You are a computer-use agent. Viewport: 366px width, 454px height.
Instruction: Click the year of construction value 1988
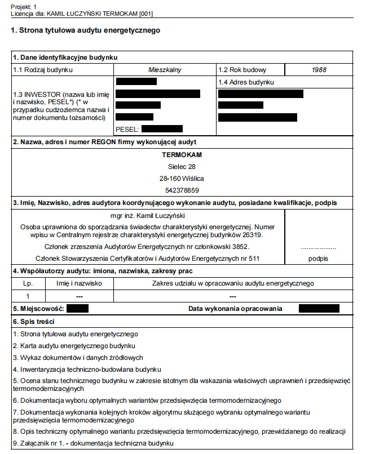(319, 70)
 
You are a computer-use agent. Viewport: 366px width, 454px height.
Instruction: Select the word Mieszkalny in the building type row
(165, 70)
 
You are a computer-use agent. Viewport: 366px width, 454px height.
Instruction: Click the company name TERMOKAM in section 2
(182, 155)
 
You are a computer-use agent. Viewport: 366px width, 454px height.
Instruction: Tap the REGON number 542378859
(182, 190)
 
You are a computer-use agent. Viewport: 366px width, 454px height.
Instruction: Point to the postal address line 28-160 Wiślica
(182, 179)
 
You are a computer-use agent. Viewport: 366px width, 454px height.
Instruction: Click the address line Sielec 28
(182, 167)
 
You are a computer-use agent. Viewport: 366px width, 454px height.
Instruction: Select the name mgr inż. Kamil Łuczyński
(148, 215)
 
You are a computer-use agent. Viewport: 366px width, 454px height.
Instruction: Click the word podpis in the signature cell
(318, 259)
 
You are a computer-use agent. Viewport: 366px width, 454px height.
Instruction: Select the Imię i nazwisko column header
(79, 283)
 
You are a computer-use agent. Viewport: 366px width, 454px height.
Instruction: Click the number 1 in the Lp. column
(28, 296)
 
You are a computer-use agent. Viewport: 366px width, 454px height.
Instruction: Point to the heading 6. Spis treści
(34, 321)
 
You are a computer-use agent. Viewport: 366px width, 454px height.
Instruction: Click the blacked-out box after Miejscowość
(77, 309)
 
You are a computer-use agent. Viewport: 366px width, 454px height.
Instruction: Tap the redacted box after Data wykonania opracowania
(319, 309)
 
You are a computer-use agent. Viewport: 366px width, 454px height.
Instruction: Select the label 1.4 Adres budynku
(246, 82)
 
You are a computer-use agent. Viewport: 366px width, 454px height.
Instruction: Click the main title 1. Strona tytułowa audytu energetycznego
(85, 30)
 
